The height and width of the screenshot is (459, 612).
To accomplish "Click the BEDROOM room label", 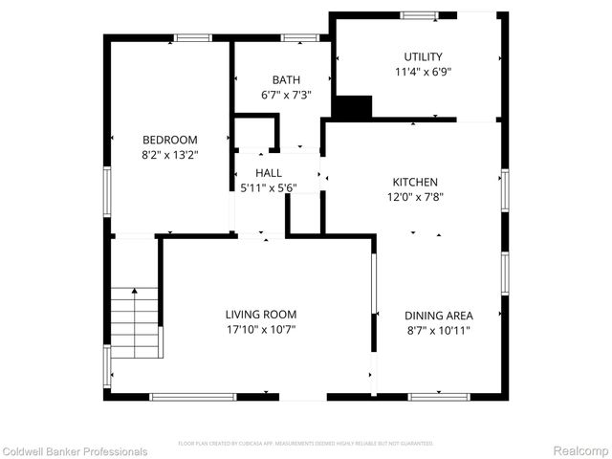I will click(170, 140).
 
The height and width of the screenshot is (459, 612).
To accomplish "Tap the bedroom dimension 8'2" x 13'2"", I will click(170, 155).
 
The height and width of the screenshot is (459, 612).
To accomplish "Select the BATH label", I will click(285, 80).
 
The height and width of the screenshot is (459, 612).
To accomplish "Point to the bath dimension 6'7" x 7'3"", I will click(285, 96).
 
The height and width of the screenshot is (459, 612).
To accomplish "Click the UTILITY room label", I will click(423, 56).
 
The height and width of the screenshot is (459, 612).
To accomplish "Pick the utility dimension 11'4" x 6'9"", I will click(423, 72).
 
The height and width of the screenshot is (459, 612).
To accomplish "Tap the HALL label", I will click(269, 172).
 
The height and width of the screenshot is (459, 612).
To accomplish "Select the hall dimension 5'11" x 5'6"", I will click(269, 187).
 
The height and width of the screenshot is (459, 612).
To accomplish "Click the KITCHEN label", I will click(415, 182).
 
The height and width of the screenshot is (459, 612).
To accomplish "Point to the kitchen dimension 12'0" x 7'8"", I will click(415, 198).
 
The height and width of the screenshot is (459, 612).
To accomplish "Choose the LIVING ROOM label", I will click(261, 315).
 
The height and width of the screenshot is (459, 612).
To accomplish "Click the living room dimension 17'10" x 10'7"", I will click(261, 331).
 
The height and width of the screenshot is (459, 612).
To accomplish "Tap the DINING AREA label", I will click(438, 315).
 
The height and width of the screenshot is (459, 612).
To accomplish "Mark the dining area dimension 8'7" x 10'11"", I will click(438, 331).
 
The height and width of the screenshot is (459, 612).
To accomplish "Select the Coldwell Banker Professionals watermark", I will click(75, 451).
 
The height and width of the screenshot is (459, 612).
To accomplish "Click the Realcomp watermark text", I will click(581, 451).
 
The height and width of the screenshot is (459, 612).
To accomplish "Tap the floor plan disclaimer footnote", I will click(306, 444).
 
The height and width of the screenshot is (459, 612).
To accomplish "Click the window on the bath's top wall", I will click(299, 38).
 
